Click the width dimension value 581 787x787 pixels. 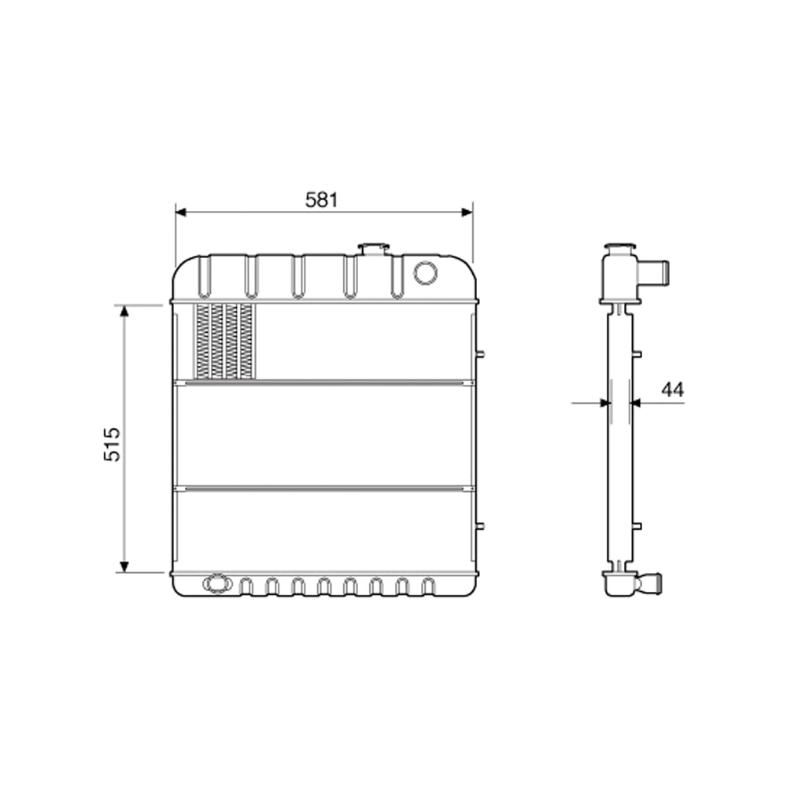[x=321, y=200]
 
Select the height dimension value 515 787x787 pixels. [x=113, y=444]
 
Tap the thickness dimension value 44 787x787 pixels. [x=672, y=389]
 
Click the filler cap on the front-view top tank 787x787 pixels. [x=373, y=249]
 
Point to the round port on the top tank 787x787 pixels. [x=425, y=272]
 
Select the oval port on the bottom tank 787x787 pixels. [x=215, y=584]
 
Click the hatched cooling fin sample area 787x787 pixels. [x=225, y=341]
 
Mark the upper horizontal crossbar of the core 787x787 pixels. [x=323, y=383]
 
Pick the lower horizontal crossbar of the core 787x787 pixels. [x=323, y=489]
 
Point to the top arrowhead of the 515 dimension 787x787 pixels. [x=124, y=312]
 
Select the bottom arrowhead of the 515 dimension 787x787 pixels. [x=124, y=566]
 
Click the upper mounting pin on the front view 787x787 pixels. [x=480, y=354]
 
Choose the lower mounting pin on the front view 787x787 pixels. [x=480, y=526]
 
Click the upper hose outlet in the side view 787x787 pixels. [x=655, y=272]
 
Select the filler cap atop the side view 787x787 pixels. [x=619, y=249]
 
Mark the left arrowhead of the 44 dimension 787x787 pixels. [x=604, y=403]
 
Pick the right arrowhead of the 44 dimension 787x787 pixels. [x=637, y=403]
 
